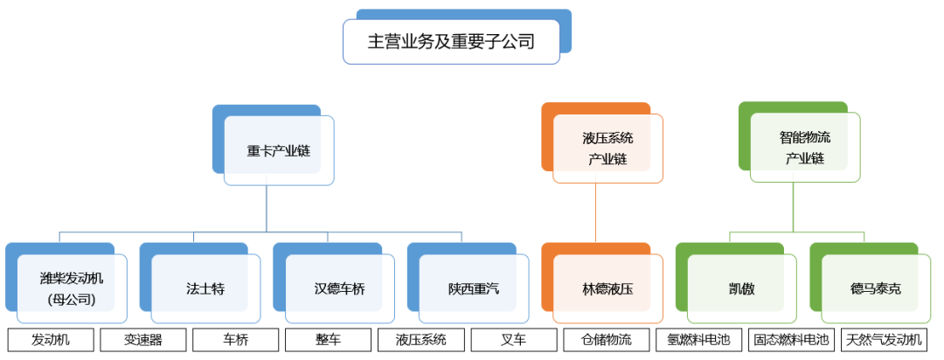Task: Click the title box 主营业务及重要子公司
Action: [x=451, y=41]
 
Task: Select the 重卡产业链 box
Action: [x=278, y=150]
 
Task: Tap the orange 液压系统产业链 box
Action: [x=607, y=149]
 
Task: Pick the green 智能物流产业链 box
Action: [x=805, y=148]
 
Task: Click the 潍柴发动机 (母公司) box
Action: [x=72, y=288]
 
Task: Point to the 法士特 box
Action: [x=205, y=288]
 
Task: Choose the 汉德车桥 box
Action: [x=339, y=288]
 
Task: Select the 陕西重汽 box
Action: [x=474, y=288]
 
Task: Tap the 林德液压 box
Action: [x=607, y=288]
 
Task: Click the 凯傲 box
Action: [x=741, y=288]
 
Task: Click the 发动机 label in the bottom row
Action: [x=50, y=340]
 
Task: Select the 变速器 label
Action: [x=142, y=340]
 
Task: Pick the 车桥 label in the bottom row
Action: [x=235, y=340]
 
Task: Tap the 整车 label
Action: [x=328, y=340]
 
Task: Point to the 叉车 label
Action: [x=513, y=340]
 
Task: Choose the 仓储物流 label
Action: [x=606, y=340]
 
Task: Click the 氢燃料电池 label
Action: [x=698, y=340]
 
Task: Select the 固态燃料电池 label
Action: [x=791, y=340]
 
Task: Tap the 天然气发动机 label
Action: [x=884, y=340]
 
